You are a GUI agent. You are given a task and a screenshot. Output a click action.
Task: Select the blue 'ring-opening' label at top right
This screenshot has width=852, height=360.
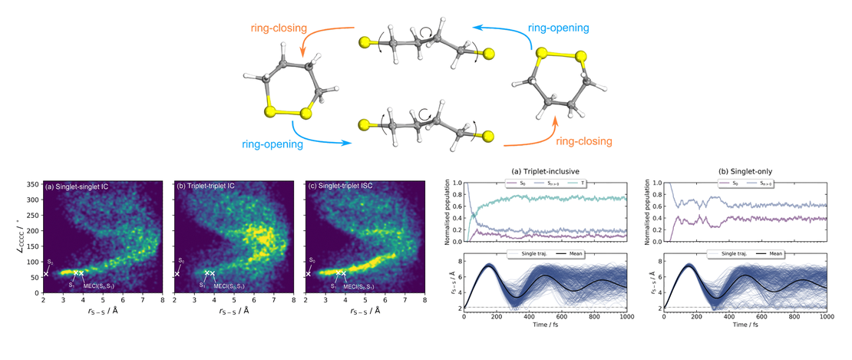[x=559, y=28]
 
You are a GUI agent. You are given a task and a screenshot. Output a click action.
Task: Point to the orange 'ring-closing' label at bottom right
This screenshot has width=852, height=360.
[x=584, y=141]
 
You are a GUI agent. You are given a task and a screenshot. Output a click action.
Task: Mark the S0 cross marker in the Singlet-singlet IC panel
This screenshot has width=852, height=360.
[x=46, y=273]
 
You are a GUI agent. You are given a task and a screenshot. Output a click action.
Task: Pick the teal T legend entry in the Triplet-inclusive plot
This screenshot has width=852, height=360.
[x=588, y=183]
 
